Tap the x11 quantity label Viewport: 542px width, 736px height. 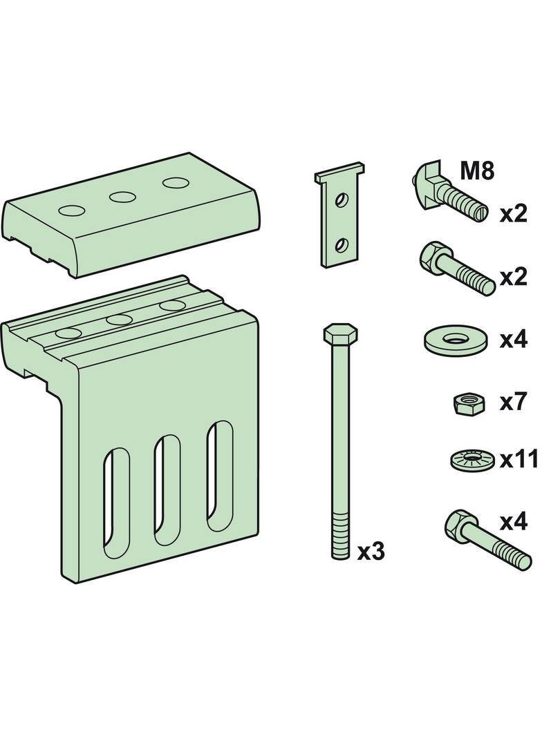click(518, 460)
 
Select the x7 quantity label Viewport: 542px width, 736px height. click(514, 402)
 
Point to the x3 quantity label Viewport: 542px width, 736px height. click(371, 552)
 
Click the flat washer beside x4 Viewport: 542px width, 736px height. click(456, 340)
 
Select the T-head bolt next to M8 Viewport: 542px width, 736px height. click(449, 193)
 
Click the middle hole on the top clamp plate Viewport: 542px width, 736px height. click(121, 197)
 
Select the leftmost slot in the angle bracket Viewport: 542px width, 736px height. click(116, 503)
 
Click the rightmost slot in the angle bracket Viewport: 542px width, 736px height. click(220, 476)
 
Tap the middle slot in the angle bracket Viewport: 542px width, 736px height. click(168, 490)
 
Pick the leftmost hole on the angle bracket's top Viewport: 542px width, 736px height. click(68, 333)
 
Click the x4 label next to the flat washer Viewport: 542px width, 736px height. click(514, 340)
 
